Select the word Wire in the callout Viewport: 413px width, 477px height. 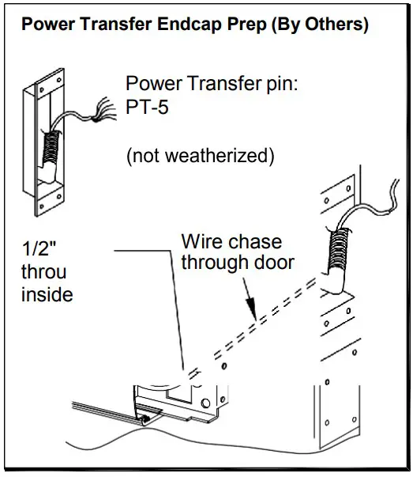coord(201,240)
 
